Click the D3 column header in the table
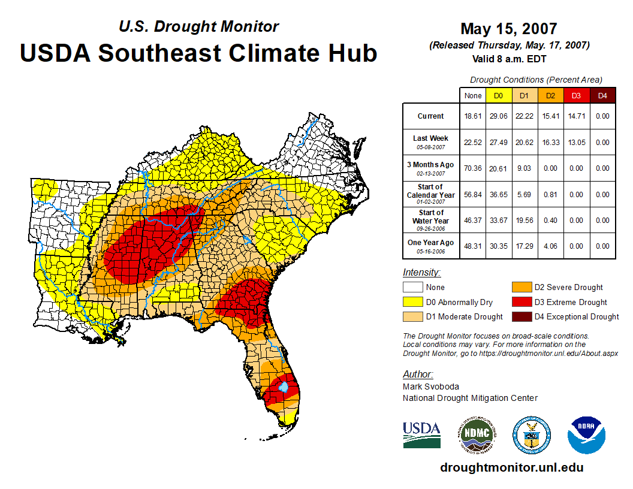576,96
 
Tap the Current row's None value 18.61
473,116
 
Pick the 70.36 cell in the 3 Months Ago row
473,168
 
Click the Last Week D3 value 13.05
576,143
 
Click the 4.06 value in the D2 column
550,246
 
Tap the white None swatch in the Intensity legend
412,288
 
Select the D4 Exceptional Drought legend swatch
520,316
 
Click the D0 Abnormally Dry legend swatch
412,302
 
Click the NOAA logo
587,435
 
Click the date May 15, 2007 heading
509,29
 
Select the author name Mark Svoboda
430,387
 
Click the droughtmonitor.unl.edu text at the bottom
511,467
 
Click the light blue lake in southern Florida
285,387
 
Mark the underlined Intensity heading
421,273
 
